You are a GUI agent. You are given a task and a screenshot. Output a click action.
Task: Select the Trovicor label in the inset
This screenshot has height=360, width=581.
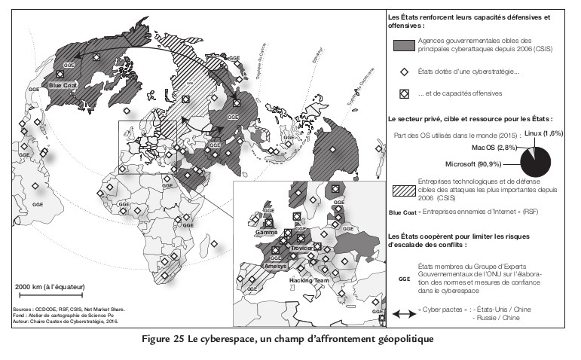301,248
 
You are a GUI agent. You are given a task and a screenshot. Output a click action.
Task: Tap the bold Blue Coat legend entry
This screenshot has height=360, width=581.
400,212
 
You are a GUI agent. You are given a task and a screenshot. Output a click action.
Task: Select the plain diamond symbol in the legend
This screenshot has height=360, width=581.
404,72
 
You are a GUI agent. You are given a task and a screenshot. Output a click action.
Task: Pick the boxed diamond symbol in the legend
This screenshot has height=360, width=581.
404,93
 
